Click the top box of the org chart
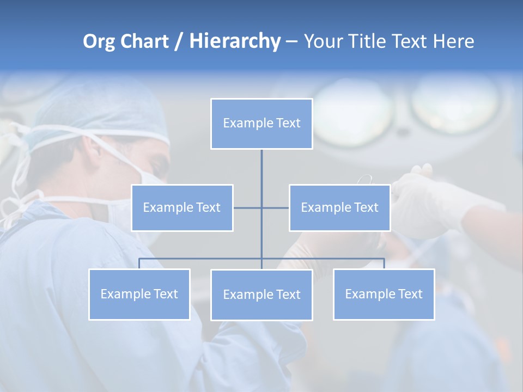click(261, 124)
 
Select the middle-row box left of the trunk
click(182, 207)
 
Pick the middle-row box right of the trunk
click(339, 207)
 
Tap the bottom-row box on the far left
click(139, 294)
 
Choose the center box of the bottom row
click(261, 295)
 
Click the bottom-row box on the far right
click(384, 294)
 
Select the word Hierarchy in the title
click(235, 41)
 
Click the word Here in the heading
click(453, 41)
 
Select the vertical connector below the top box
click(261, 166)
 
